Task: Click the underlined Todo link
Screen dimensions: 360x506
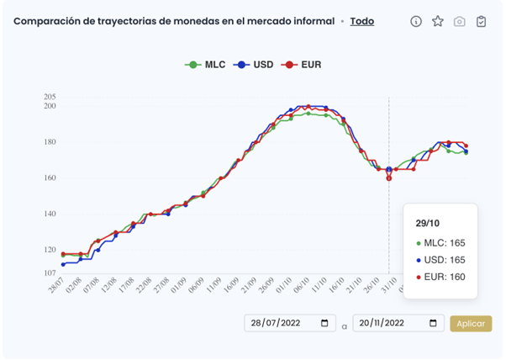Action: tap(362, 21)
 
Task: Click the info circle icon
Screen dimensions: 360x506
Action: tap(416, 22)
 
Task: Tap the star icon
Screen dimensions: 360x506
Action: tap(438, 22)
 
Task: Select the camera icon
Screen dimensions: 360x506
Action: tap(460, 22)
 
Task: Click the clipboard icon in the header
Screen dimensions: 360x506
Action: tap(482, 22)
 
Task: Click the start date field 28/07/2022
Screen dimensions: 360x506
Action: tap(288, 323)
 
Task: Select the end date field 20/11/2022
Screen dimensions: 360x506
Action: tap(398, 323)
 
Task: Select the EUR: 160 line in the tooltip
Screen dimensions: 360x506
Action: tap(444, 277)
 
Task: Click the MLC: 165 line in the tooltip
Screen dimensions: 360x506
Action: tap(444, 243)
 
